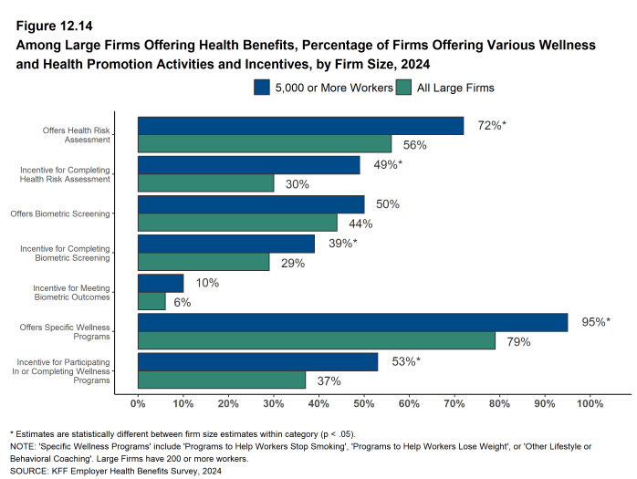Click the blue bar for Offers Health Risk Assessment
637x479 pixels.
(300, 126)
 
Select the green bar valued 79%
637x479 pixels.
(317, 341)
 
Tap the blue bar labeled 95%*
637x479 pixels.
(352, 322)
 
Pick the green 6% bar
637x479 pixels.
(151, 302)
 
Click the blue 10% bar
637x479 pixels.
(161, 283)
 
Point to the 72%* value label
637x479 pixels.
(491, 125)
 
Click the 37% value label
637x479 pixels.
(329, 381)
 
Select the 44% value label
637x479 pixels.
(360, 224)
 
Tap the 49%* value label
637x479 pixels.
(387, 164)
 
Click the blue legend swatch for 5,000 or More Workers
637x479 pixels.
(262, 88)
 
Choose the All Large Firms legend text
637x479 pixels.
(454, 88)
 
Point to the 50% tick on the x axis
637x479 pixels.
(363, 402)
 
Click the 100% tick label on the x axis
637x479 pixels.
(590, 402)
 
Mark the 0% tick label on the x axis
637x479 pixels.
(138, 402)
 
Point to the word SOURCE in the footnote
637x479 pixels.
(30, 471)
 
